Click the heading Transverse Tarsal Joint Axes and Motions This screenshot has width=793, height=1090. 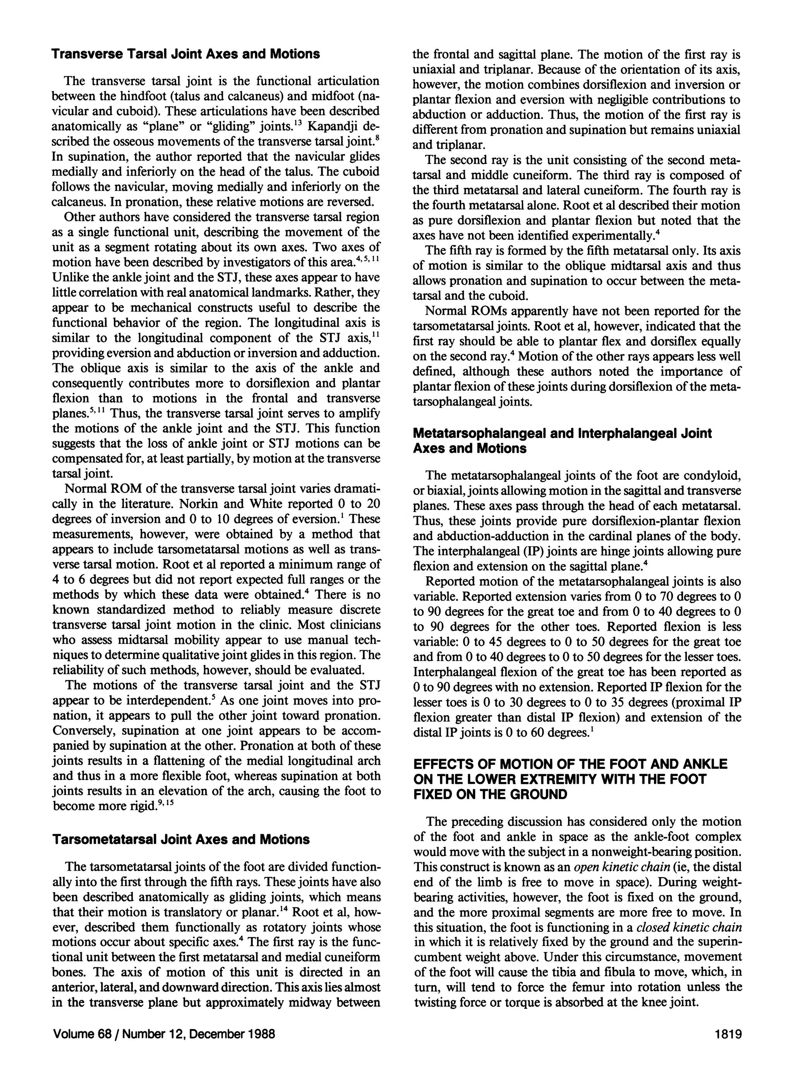pos(185,54)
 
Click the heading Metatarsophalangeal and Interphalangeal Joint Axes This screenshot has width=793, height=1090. pos(562,434)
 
